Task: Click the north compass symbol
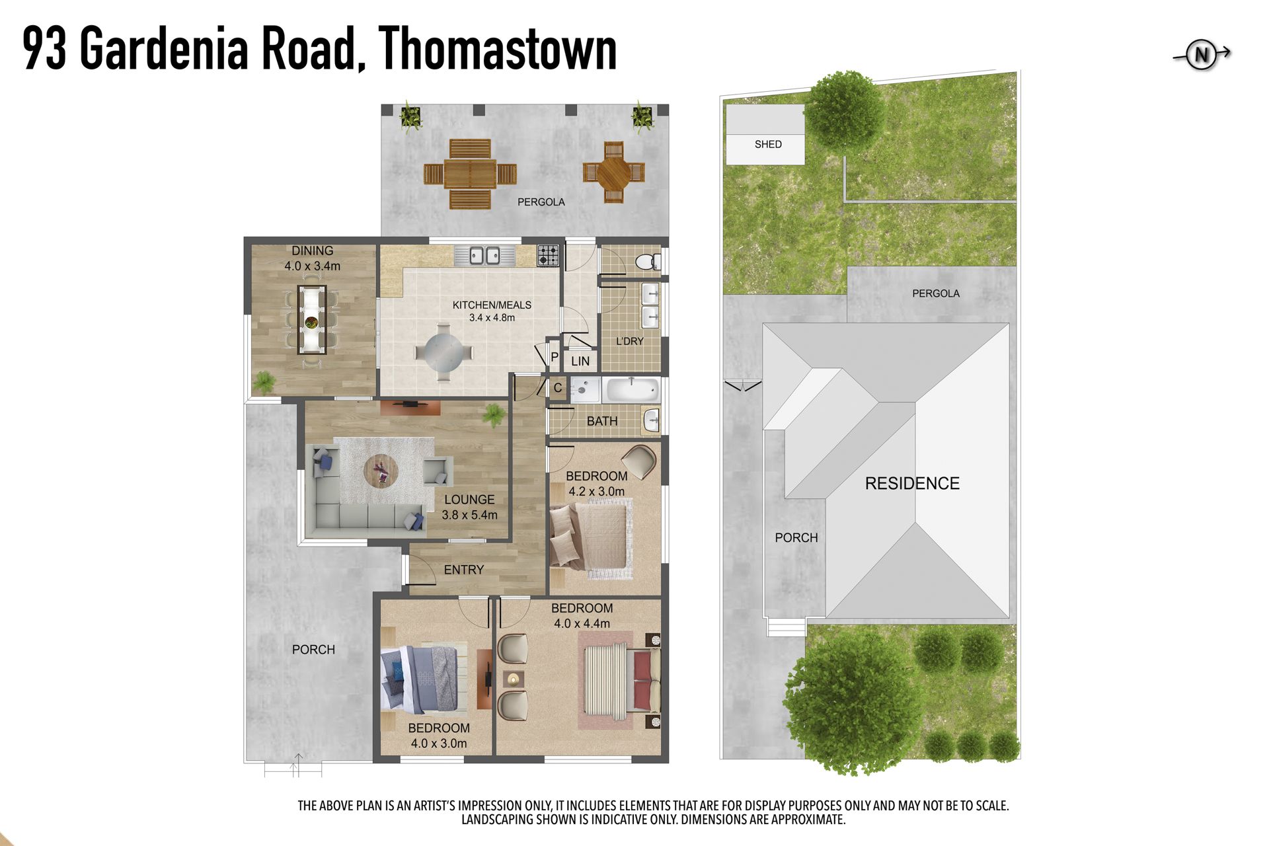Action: [1202, 55]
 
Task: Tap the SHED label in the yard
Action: [768, 144]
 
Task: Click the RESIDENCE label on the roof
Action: [912, 483]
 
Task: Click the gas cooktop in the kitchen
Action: [548, 255]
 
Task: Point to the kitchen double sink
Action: [484, 255]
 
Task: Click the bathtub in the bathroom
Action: [633, 389]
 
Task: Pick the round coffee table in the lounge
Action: [381, 471]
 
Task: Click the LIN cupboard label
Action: [580, 362]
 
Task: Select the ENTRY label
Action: [464, 570]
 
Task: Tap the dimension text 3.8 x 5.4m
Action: [470, 515]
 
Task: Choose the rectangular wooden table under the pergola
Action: [470, 174]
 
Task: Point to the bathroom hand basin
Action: [652, 419]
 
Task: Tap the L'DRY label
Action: [630, 341]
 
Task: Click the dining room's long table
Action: [312, 319]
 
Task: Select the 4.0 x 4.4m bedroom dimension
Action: [582, 623]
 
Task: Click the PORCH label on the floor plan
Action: [313, 650]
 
